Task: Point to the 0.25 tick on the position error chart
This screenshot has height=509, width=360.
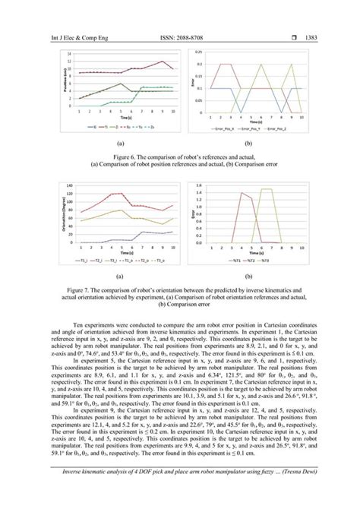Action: [198, 52]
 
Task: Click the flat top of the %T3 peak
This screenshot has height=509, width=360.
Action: [266, 189]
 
